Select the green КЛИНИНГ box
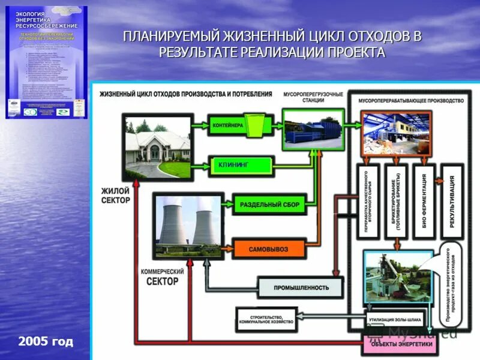241,164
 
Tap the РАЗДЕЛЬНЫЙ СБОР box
269,205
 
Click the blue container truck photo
313,129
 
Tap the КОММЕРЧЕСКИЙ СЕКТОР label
162,276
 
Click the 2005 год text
46,341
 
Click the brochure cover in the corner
46,62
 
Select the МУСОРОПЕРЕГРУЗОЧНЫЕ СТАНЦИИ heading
314,98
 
